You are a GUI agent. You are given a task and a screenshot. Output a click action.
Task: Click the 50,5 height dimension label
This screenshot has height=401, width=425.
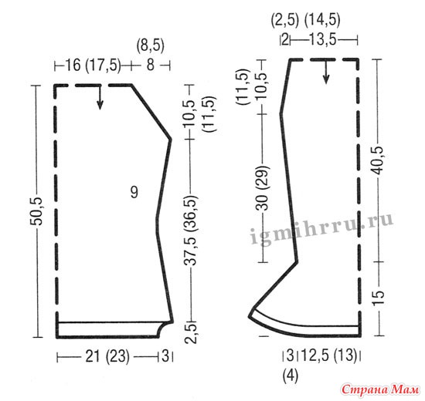(x=36, y=211)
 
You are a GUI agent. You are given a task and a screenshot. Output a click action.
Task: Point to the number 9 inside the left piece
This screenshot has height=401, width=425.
(x=134, y=192)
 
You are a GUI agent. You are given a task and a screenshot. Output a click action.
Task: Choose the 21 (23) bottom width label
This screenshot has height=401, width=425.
(x=107, y=356)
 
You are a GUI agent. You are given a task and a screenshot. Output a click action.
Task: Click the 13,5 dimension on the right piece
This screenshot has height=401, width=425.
(x=322, y=40)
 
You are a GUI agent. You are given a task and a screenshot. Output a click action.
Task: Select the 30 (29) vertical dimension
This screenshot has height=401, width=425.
(x=263, y=188)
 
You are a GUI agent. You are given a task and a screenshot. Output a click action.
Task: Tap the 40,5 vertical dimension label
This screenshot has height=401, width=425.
(x=378, y=160)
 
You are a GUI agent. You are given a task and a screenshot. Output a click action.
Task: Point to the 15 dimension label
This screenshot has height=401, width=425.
(x=378, y=298)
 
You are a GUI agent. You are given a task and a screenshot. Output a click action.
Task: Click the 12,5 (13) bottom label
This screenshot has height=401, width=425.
(x=329, y=355)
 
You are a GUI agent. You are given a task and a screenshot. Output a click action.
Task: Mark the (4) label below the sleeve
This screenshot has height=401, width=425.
(x=291, y=376)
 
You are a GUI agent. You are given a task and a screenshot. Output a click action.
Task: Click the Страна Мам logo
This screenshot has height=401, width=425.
(x=380, y=390)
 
